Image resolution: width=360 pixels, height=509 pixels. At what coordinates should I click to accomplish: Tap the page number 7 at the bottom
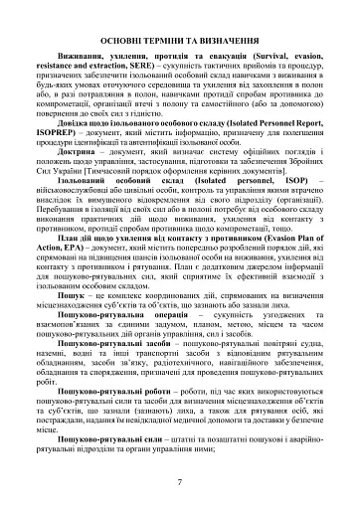(179, 482)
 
